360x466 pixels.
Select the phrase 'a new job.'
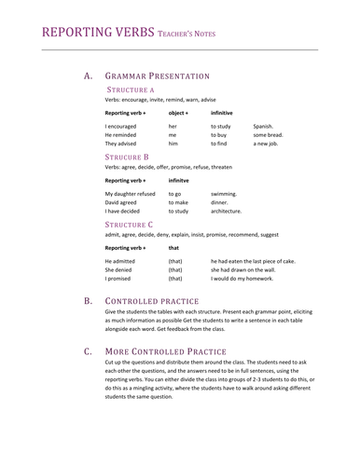point(268,144)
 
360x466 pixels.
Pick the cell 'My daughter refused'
point(132,193)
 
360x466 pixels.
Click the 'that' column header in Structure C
point(173,248)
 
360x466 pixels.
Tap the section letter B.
point(88,302)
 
